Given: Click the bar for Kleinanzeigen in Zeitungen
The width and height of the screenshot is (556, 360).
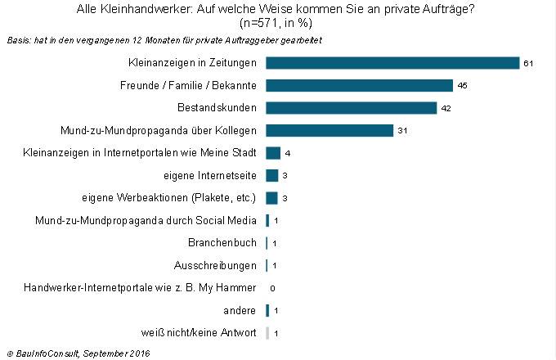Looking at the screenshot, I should [392, 63].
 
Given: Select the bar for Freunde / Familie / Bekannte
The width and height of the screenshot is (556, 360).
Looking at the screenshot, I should [360, 85].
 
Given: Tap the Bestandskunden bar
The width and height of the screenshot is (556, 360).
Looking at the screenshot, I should [352, 108].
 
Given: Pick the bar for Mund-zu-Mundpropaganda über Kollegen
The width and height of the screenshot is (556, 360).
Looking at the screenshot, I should [330, 130].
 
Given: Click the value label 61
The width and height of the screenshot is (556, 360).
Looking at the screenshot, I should [528, 64].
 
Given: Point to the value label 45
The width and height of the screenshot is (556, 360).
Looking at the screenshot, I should [462, 86].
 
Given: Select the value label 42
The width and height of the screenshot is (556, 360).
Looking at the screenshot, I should [446, 108].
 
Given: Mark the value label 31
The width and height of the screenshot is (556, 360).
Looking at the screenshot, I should [402, 131].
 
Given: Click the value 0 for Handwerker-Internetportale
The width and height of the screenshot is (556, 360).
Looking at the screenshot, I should [271, 288].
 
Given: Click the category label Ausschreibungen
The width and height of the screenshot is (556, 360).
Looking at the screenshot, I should [216, 265].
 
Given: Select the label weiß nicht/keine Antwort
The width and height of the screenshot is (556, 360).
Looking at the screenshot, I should [199, 333].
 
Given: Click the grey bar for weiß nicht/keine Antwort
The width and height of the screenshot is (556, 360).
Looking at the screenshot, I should [267, 333].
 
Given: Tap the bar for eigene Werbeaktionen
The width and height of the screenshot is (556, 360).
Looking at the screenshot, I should [272, 197].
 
